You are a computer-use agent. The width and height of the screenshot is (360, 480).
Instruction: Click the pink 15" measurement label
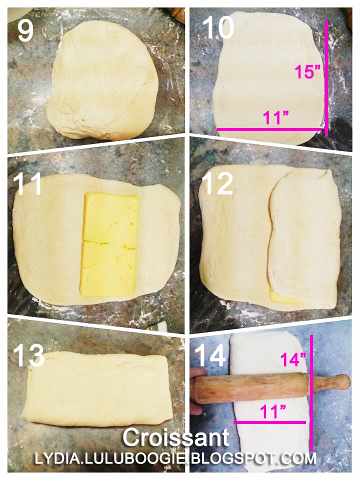[307, 72]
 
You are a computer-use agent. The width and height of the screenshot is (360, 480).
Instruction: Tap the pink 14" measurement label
[293, 359]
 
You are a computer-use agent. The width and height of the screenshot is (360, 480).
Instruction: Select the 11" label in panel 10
[275, 118]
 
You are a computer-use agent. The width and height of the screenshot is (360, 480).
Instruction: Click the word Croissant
[176, 438]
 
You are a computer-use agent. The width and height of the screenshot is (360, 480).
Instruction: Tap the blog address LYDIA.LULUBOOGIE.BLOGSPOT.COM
[175, 458]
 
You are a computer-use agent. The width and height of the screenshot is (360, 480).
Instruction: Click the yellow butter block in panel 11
[108, 244]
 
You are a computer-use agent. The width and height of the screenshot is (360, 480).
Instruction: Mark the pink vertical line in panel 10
[326, 78]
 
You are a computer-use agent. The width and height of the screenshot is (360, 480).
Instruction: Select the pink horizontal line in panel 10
[269, 129]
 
